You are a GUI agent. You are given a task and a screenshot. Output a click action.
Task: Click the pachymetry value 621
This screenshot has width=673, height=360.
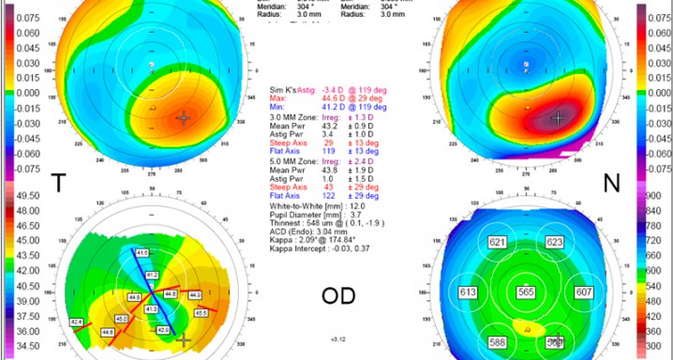pyautogui.click(x=497, y=243)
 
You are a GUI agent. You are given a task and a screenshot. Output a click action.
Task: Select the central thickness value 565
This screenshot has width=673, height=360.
pyautogui.click(x=526, y=292)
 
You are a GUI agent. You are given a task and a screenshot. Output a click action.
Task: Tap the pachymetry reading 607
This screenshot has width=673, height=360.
pyautogui.click(x=582, y=292)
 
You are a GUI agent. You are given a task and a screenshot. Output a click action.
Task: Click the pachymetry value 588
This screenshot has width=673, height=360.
pyautogui.click(x=497, y=343)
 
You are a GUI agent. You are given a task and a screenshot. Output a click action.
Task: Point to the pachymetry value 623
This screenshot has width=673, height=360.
pyautogui.click(x=555, y=243)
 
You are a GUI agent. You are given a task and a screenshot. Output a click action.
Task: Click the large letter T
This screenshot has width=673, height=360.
pyautogui.click(x=58, y=184)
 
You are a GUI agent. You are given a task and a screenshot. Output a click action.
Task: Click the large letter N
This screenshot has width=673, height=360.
pyautogui.click(x=612, y=185)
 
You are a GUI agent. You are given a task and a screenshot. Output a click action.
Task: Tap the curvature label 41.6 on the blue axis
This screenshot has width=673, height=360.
pyautogui.click(x=142, y=253)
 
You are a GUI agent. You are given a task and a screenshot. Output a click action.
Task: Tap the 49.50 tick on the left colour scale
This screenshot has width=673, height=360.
pyautogui.click(x=21, y=195)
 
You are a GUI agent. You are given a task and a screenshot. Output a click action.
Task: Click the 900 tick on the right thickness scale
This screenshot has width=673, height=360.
pyautogui.click(x=653, y=195)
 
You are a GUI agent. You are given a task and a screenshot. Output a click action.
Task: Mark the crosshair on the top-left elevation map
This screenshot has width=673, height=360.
pyautogui.click(x=183, y=118)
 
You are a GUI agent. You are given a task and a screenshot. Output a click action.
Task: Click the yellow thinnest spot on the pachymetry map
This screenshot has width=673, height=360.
pyautogui.click(x=531, y=329)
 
